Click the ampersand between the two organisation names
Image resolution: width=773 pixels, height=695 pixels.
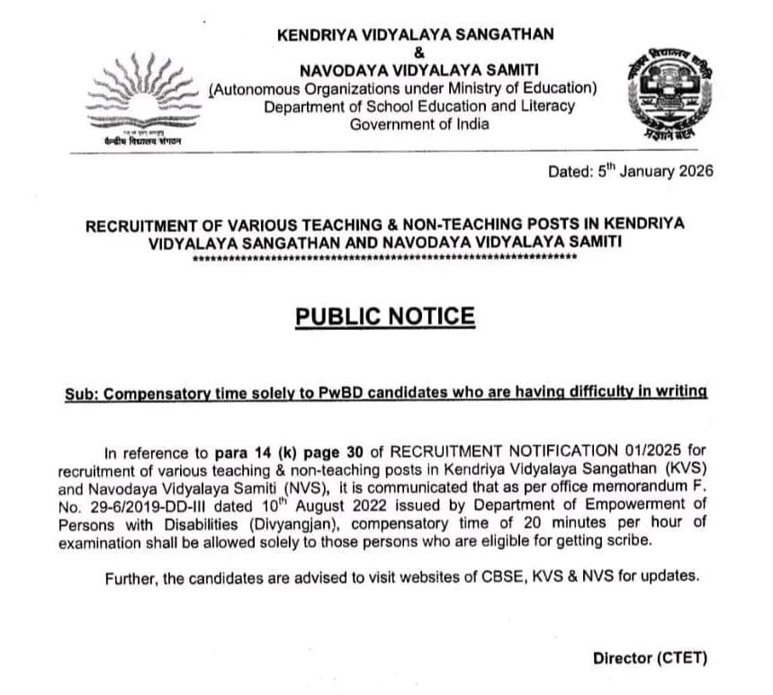click(x=415, y=52)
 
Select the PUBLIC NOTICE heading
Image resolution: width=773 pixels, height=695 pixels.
click(x=384, y=316)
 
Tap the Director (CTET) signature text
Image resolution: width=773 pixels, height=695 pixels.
click(x=650, y=658)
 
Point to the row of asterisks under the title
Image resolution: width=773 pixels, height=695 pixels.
click(x=384, y=258)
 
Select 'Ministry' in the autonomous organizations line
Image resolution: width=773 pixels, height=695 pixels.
click(x=475, y=88)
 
